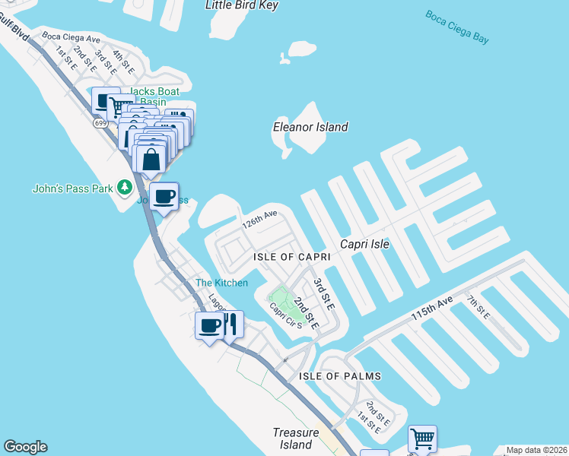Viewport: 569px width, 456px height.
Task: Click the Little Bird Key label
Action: (242, 5)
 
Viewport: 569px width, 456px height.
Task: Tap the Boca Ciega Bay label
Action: (457, 27)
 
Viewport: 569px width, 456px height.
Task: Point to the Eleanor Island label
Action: (310, 127)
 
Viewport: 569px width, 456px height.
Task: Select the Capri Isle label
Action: (364, 244)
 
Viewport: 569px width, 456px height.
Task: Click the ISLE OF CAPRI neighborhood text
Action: (292, 258)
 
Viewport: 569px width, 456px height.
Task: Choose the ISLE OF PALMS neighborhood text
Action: (340, 376)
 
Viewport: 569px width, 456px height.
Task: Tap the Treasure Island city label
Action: (293, 439)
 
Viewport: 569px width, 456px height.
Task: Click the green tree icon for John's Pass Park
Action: (123, 187)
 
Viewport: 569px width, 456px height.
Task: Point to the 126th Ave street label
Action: (259, 220)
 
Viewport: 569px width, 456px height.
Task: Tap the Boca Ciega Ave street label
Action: (72, 37)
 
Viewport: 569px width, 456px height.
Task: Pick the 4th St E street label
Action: (122, 61)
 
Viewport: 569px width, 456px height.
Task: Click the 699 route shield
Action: (100, 123)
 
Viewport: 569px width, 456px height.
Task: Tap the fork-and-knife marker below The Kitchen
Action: (232, 325)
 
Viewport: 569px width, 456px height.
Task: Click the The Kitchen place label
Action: (221, 283)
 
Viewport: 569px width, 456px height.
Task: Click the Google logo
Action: (25, 447)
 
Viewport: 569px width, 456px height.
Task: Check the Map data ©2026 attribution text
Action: (536, 450)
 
